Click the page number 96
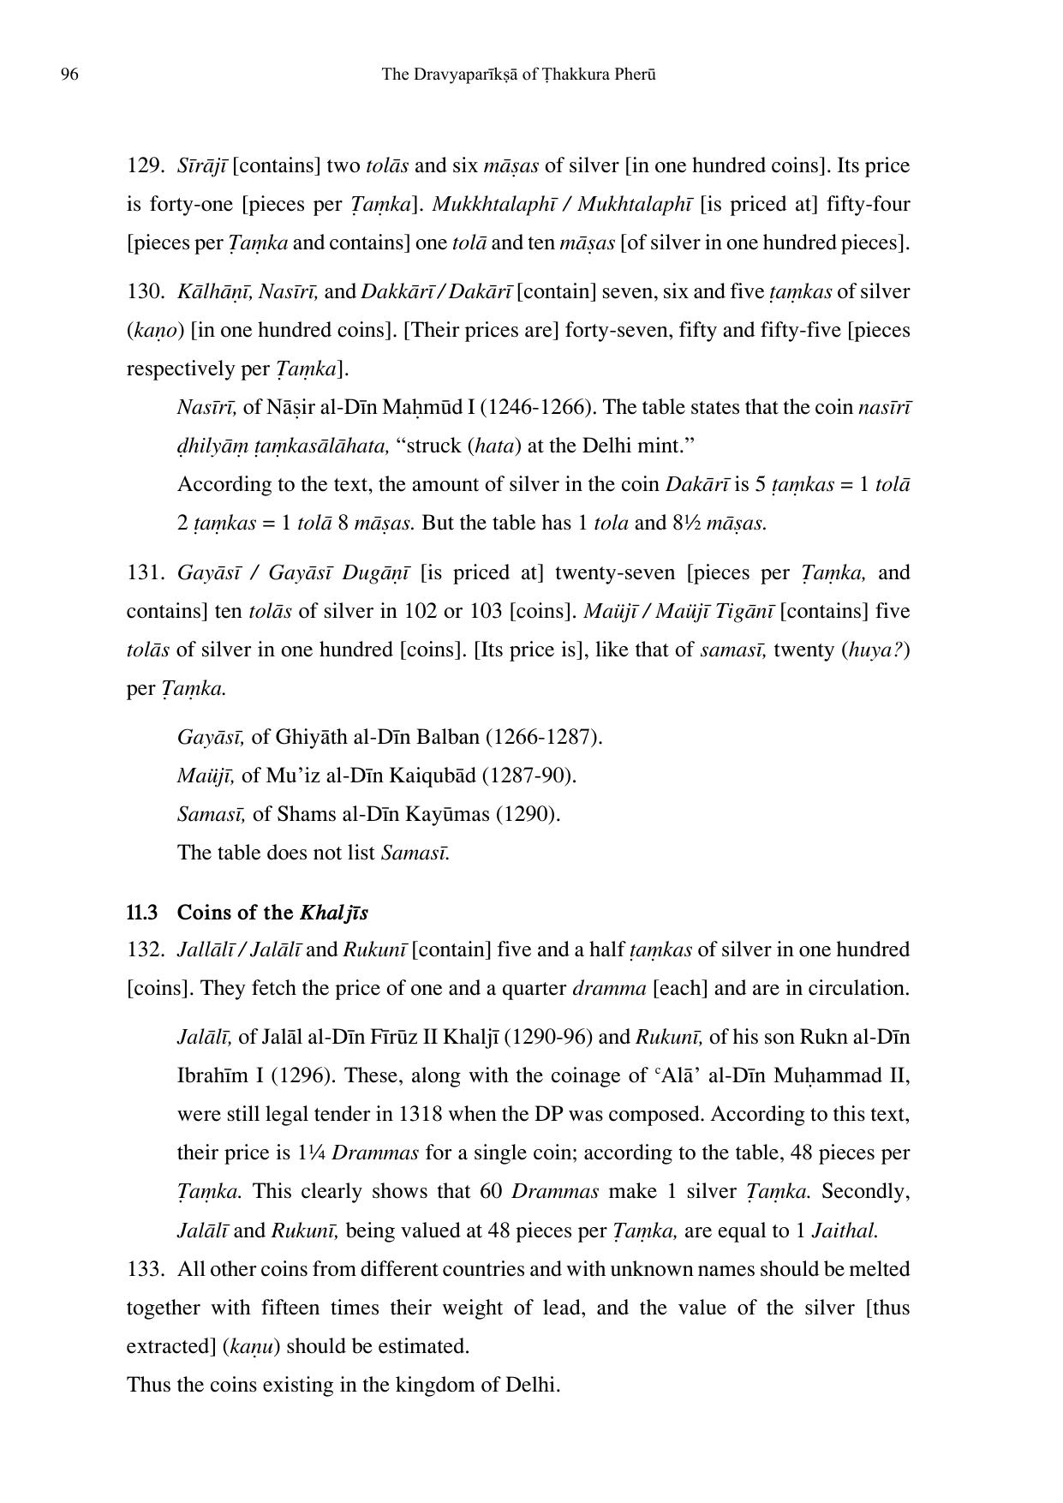(69, 75)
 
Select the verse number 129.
(145, 165)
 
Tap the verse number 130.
(145, 291)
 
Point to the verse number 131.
(144, 572)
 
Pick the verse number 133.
(145, 1268)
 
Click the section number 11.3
(141, 913)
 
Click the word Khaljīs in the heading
(334, 913)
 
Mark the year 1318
(421, 1114)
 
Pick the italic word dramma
(609, 988)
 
